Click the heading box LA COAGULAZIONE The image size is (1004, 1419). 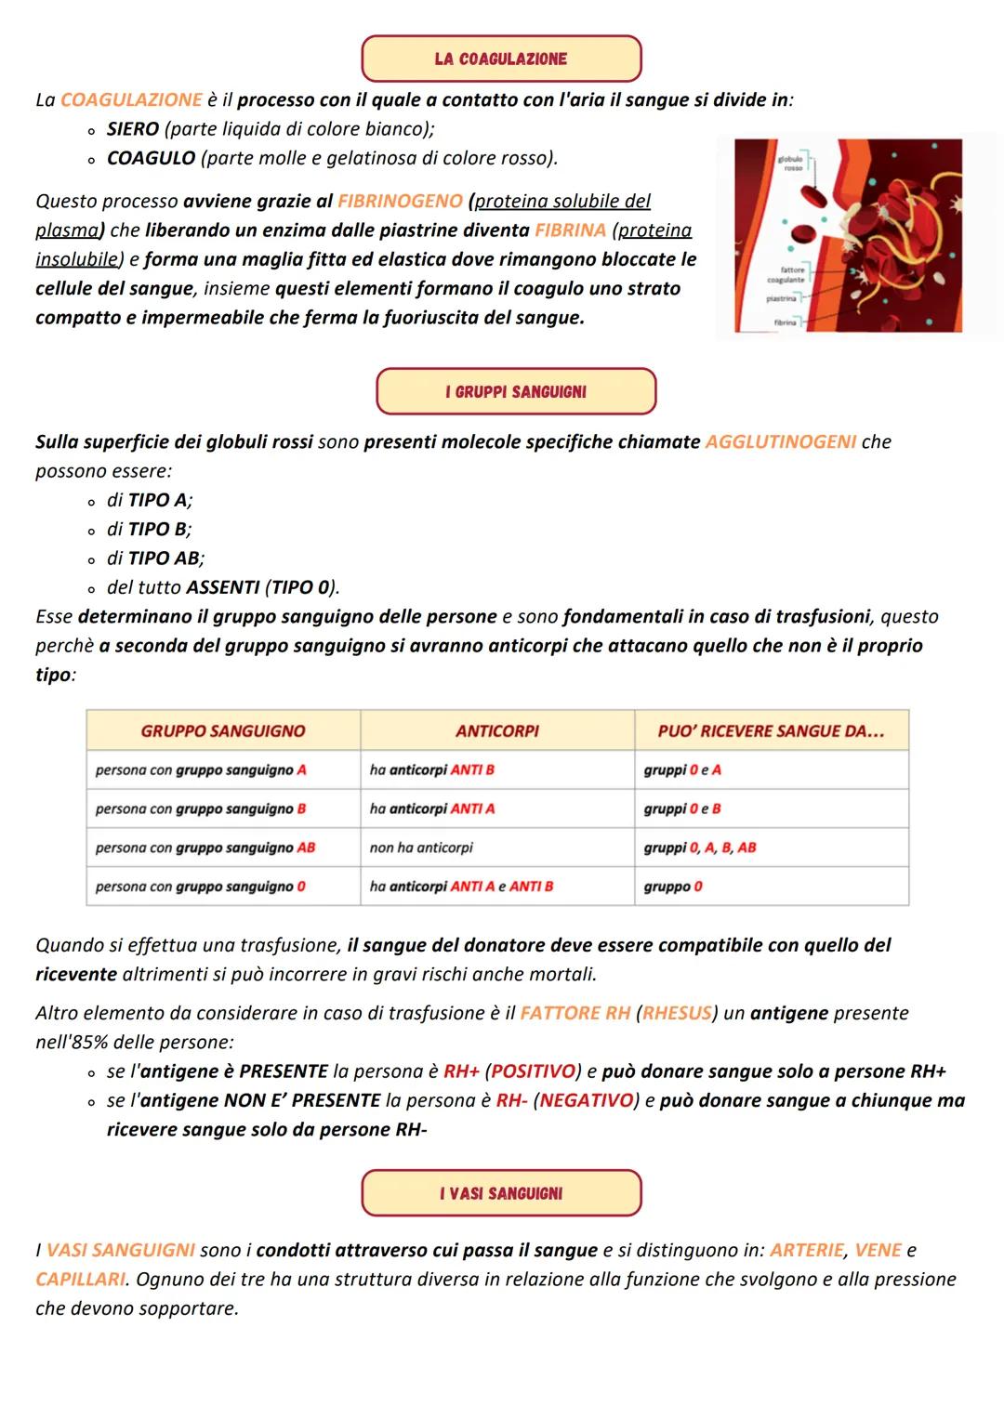pos(500,59)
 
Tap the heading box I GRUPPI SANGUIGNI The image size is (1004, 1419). pos(515,391)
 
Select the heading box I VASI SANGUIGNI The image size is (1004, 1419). pos(500,1193)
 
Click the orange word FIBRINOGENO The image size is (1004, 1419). pos(400,201)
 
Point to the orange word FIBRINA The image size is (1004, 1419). pos(570,230)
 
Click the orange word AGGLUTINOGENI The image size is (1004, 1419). pos(781,441)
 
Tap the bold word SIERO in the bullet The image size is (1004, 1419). pos(133,128)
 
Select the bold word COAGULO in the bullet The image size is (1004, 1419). pos(151,158)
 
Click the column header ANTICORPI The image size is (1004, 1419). pos(497,730)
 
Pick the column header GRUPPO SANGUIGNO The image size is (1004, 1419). pos(223,730)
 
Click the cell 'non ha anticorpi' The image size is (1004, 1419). pos(421,847)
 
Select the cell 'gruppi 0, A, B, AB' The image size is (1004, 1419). pos(699,847)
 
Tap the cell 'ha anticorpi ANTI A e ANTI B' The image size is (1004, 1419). pos(461,887)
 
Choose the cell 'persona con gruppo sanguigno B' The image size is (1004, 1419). pos(201,808)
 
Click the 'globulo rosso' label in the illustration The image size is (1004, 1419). pos(792,164)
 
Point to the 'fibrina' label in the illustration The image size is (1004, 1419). pos(786,322)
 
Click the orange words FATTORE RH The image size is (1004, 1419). pos(575,1013)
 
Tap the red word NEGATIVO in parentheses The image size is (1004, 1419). pos(586,1100)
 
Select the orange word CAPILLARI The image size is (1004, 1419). pos(80,1279)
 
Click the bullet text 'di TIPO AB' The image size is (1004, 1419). pos(155,558)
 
